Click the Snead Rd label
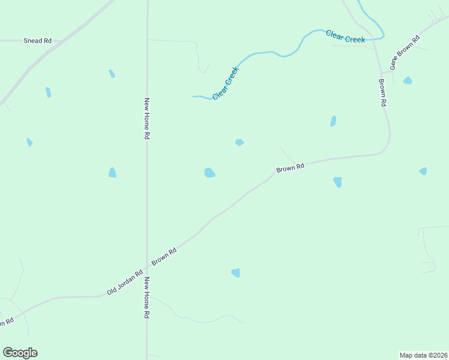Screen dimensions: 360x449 coord(37,41)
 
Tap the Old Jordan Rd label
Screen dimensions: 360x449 coord(125,282)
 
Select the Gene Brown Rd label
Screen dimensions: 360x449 coord(405,53)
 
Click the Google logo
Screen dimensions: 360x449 coord(20,353)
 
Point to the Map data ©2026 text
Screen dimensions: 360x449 coord(424,355)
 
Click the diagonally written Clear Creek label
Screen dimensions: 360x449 coord(226,83)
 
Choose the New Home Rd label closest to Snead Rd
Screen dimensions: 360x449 coord(146,119)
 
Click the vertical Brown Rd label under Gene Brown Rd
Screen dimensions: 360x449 coord(382,92)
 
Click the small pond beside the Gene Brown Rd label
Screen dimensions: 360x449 coord(408,80)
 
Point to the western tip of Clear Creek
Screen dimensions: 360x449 coord(193,96)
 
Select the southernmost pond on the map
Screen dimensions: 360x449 coord(236,272)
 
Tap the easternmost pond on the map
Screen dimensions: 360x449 coord(423,172)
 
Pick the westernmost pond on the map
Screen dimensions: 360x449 coord(29,142)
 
